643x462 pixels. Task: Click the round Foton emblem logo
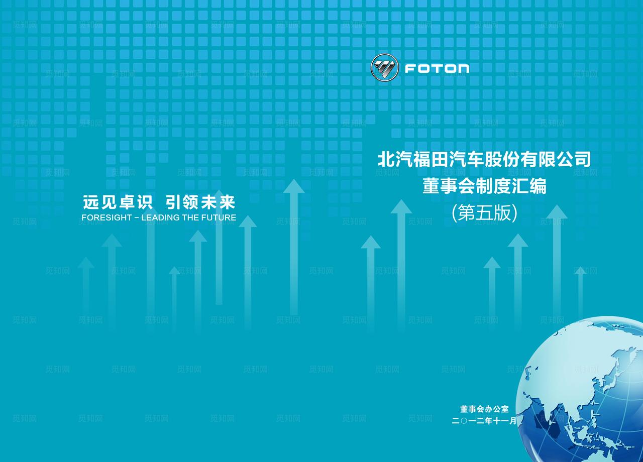pos(384,68)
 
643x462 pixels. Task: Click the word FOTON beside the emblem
pos(437,68)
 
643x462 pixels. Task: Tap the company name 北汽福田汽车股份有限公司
pos(484,160)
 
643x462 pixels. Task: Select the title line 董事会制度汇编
pos(484,186)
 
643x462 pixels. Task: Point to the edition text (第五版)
pos(484,213)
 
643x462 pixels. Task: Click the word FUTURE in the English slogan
pos(219,218)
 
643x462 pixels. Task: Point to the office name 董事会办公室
pos(484,409)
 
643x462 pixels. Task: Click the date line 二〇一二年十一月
pos(484,421)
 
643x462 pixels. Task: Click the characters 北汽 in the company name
pos(395,160)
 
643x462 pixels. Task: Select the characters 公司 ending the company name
pos(573,160)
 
